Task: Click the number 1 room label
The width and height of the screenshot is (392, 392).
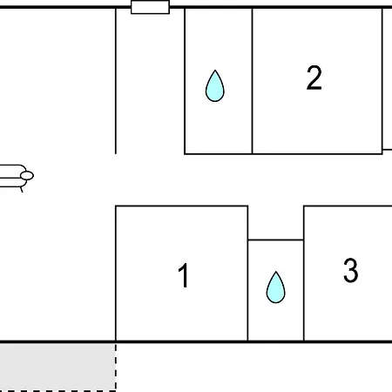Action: click(x=184, y=275)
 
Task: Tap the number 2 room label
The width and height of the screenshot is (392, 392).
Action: click(x=314, y=78)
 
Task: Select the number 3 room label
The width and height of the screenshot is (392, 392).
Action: click(x=351, y=270)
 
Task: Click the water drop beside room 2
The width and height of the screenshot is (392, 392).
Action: click(x=215, y=86)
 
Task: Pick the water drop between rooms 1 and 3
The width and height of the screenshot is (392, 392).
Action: click(x=275, y=287)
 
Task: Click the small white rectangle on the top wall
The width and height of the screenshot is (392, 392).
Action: click(x=150, y=7)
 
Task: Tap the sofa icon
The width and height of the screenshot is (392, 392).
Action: click(x=17, y=178)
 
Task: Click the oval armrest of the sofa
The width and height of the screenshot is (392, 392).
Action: click(x=27, y=175)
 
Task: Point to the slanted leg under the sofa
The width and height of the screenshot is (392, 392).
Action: click(x=22, y=189)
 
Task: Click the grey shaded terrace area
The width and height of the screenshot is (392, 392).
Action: click(x=57, y=367)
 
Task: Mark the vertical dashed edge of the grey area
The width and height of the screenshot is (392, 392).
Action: click(x=116, y=368)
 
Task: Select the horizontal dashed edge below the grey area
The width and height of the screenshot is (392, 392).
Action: click(x=57, y=391)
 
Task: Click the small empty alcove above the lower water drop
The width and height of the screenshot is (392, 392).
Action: click(x=275, y=223)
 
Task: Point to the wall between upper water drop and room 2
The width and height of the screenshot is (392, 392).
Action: click(x=252, y=81)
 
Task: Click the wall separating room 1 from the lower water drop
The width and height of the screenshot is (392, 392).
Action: click(x=247, y=274)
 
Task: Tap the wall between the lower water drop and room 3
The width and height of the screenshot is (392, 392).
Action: click(x=304, y=274)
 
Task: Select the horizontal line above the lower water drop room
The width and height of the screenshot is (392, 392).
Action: click(x=275, y=240)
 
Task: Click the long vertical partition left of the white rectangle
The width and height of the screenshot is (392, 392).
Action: click(x=116, y=81)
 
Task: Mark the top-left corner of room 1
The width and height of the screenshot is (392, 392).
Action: click(x=116, y=206)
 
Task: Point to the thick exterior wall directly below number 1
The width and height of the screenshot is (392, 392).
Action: click(x=184, y=341)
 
